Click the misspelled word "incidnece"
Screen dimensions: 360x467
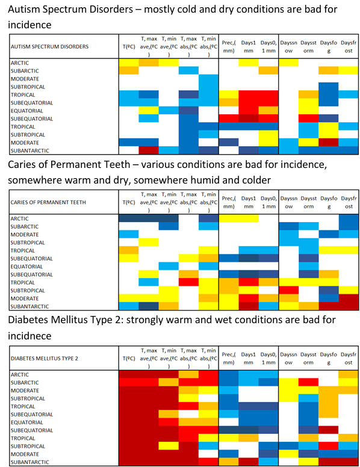click(x=29, y=336)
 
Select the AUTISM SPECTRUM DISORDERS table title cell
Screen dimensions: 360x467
click(x=64, y=46)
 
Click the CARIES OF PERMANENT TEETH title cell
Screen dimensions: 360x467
click(x=64, y=202)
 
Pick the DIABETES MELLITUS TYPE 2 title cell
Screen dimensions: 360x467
click(x=64, y=358)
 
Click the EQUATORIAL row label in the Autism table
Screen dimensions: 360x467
click(x=27, y=111)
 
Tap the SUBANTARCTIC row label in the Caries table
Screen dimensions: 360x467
click(x=30, y=306)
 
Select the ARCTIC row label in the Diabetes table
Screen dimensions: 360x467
click(x=20, y=375)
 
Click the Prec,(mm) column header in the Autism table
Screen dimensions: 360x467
click(x=229, y=47)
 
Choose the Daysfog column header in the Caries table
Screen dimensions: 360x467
click(x=329, y=203)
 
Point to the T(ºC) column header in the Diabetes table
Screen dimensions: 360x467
click(x=129, y=359)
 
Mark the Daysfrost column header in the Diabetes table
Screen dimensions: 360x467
click(x=349, y=359)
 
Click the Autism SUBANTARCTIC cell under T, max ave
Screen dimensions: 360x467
click(x=149, y=150)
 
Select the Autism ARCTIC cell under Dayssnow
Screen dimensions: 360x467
click(x=289, y=63)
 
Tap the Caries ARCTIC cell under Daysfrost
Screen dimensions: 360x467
click(x=349, y=218)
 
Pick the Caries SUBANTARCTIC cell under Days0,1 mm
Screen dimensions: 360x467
click(x=268, y=306)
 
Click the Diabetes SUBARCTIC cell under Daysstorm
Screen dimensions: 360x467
click(x=308, y=382)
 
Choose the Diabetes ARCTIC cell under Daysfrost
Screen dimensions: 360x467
click(x=349, y=374)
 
